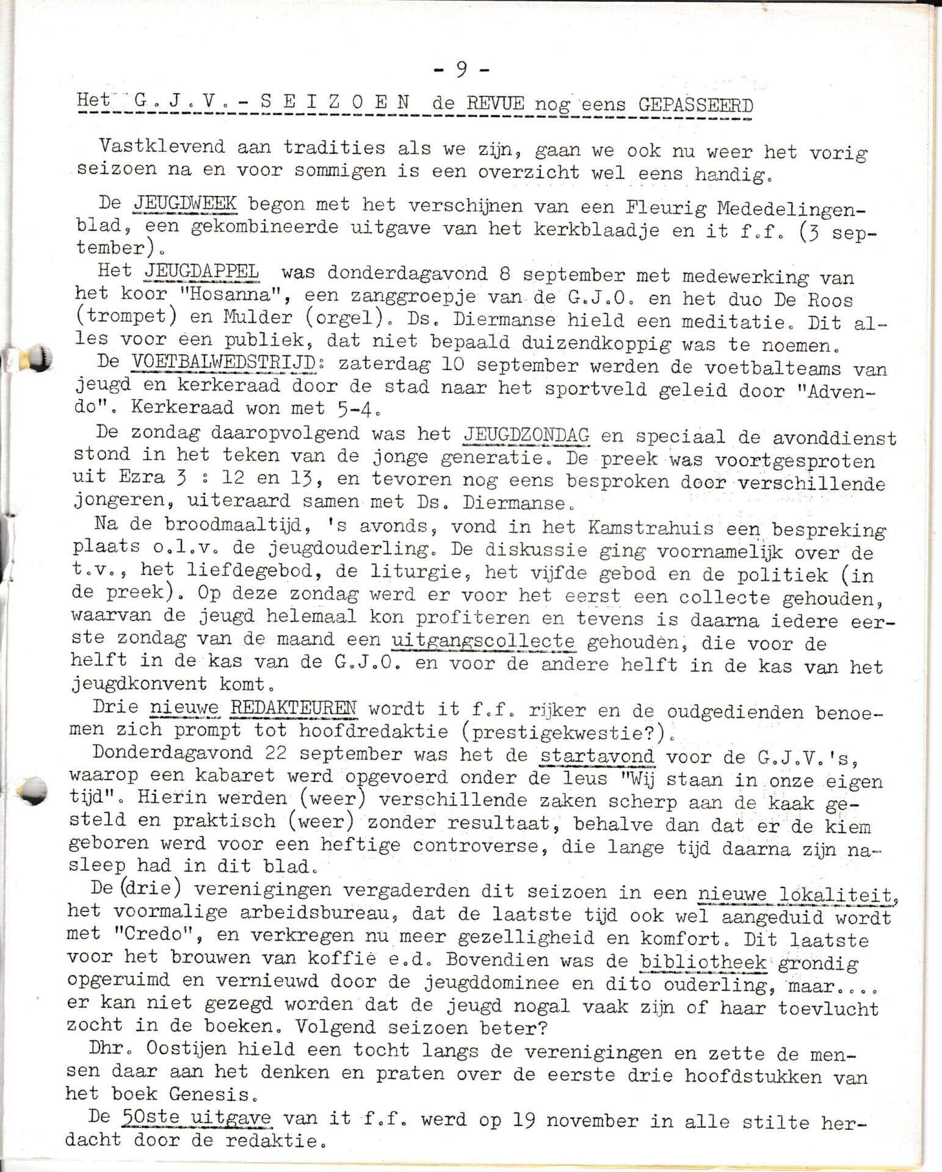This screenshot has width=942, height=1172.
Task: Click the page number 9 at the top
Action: pos(462,70)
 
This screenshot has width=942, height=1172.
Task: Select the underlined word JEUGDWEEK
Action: pos(184,203)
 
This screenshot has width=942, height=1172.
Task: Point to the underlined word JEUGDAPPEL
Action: pos(201,271)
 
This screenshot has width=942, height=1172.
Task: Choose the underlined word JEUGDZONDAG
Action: pos(526,435)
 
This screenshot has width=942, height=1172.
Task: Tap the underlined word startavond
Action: pos(597,756)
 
